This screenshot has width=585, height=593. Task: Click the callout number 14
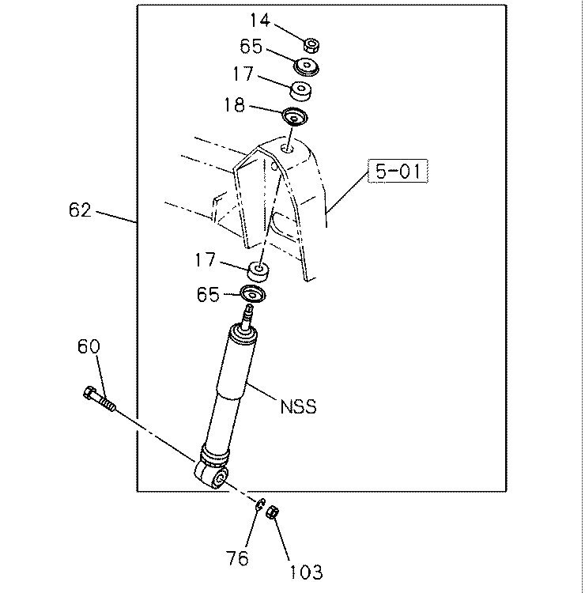tap(260, 20)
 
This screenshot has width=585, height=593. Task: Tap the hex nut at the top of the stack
tap(311, 45)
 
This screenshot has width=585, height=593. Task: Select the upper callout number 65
tap(251, 46)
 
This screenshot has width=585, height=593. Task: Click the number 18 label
tap(235, 104)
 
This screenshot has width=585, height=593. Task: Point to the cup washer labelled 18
tap(296, 117)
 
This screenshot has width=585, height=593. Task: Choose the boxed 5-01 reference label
tap(398, 171)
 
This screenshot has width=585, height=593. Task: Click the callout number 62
tap(80, 210)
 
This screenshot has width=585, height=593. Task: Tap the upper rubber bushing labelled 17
tap(301, 91)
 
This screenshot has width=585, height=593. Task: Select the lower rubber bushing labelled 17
tap(259, 271)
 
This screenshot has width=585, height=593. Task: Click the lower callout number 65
tap(208, 294)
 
